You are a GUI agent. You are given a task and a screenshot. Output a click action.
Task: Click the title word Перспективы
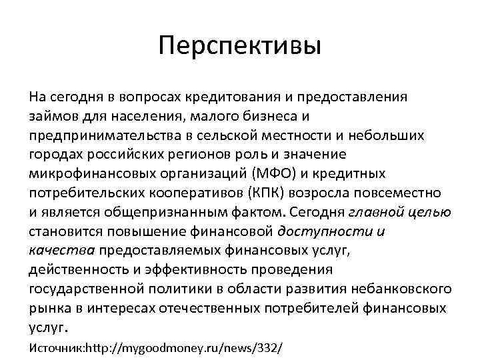(240, 47)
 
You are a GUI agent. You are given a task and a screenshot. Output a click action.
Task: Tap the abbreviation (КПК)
(264, 193)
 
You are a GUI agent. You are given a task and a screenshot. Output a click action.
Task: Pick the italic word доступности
(323, 232)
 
